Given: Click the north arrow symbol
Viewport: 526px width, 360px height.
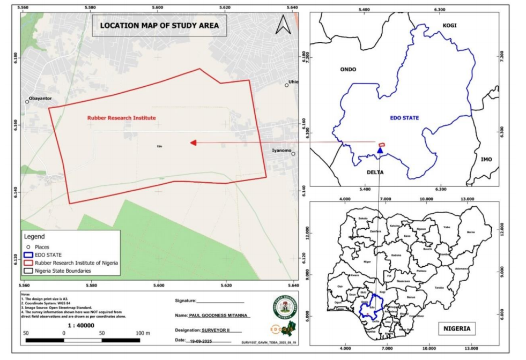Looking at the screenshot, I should pos(283,25).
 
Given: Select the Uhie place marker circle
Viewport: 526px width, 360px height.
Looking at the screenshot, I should pos(287,85).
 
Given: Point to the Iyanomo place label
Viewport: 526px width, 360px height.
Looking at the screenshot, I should pos(281,151).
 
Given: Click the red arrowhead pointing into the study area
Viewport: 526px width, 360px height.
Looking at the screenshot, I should pos(194,142).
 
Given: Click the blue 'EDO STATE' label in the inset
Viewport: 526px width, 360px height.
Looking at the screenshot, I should pos(404,117).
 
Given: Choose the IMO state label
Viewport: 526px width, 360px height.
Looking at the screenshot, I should pos(486,159).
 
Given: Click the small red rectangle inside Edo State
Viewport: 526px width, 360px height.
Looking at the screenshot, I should pos(382,144).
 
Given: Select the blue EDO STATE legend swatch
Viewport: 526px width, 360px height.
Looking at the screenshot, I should pos(28,254).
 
